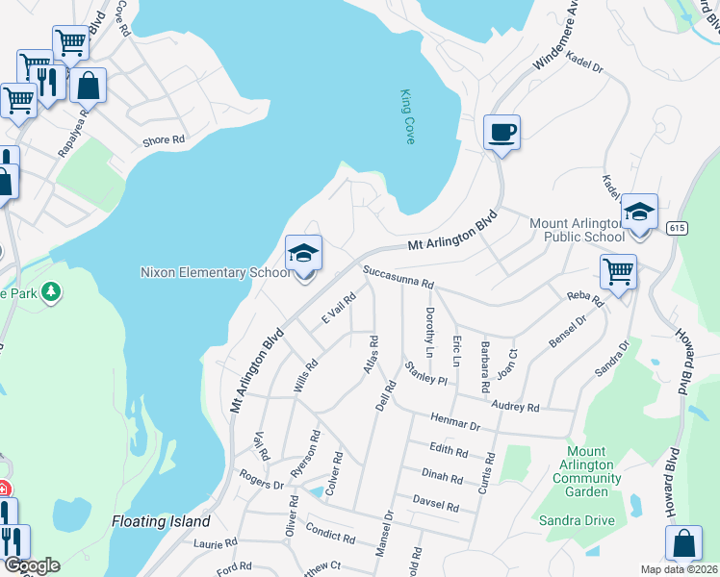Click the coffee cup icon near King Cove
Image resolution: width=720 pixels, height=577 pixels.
(501, 132)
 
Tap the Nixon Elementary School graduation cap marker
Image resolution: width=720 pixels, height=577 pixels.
(303, 254)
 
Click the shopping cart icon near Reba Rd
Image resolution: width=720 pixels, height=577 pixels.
(618, 271)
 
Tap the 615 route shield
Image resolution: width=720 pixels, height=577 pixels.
(675, 226)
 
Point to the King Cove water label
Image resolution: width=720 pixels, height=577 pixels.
(408, 117)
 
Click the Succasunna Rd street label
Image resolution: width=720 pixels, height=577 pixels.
(399, 279)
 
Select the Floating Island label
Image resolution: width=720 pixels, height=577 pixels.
(161, 521)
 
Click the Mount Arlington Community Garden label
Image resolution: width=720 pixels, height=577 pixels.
(586, 471)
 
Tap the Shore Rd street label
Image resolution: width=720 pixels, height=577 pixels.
(163, 140)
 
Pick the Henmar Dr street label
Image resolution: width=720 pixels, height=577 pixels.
(455, 423)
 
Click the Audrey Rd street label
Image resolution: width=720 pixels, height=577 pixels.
(515, 407)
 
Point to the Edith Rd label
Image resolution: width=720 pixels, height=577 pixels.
(449, 451)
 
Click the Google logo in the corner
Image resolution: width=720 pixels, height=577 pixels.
(32, 564)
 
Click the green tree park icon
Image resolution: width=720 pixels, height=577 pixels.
(50, 290)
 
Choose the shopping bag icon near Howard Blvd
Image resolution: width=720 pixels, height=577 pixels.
(682, 543)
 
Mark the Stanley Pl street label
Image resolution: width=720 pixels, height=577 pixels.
(425, 373)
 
